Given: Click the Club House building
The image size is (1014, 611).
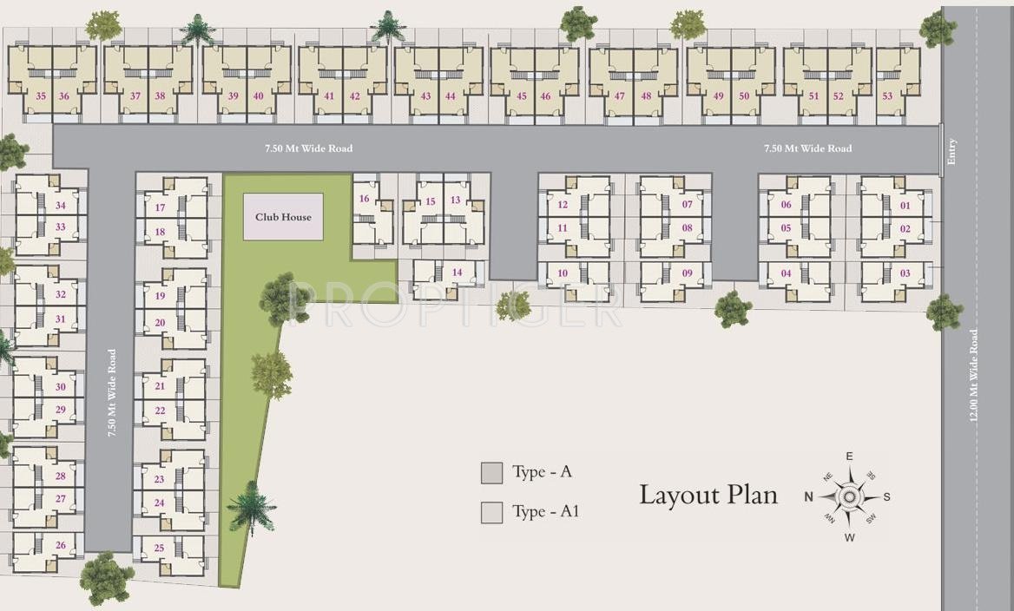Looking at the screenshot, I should [283, 217].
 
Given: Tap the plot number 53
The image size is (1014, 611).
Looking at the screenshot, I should [887, 96].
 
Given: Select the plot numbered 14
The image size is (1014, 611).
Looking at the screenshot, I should [458, 273].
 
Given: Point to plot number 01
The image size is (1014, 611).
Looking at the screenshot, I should [905, 206].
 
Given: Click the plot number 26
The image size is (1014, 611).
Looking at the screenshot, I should [60, 545].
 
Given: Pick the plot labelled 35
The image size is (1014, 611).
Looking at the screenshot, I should [41, 96].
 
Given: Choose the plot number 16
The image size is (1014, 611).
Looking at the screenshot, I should [364, 200].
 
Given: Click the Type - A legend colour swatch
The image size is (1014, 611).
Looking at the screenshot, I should [492, 473].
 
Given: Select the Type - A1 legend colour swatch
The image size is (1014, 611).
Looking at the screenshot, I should [492, 513].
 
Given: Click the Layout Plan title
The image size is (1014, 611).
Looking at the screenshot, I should [708, 495].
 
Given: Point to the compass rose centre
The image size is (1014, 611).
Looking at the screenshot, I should [850, 496].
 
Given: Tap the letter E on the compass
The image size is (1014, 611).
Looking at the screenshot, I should [850, 457].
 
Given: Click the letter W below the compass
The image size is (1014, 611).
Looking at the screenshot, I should [850, 537].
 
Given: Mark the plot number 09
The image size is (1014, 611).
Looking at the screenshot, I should [687, 273].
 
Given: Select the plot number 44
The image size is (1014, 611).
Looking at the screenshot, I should [450, 96].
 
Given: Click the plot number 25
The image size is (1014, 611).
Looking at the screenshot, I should [159, 548].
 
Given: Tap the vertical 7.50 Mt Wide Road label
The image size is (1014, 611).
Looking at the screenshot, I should [112, 393].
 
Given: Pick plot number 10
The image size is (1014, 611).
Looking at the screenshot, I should [563, 273].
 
